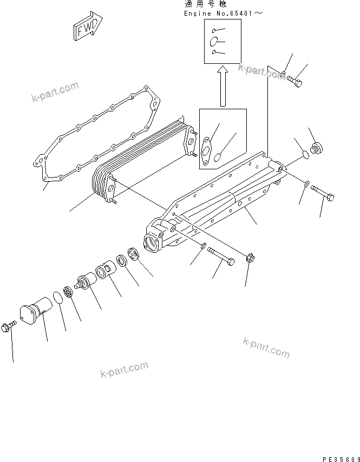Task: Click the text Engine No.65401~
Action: point(223,12)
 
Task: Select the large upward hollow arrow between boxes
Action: point(222,85)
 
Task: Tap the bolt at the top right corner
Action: point(294,81)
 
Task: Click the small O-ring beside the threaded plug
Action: point(305,156)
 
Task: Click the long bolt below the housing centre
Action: point(221,257)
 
